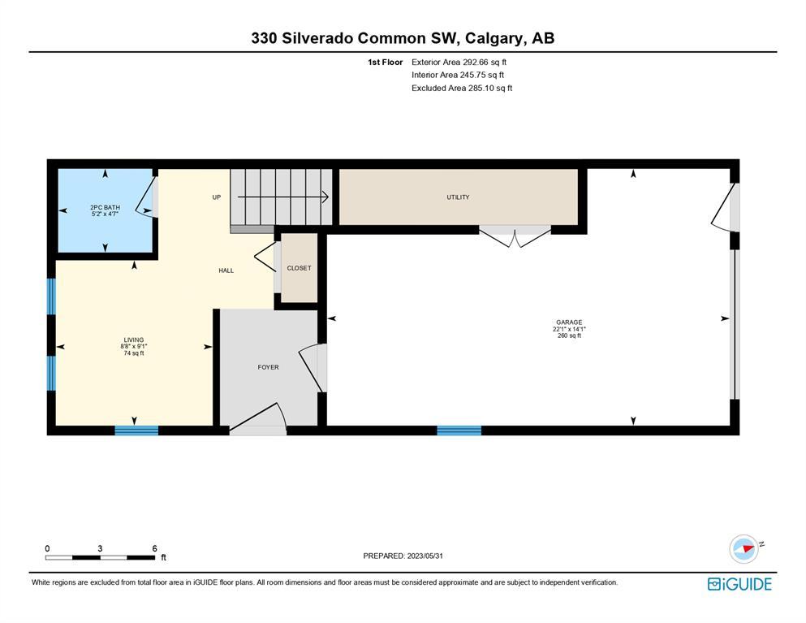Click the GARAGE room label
pyautogui.click(x=569, y=322)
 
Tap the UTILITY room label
pyautogui.click(x=458, y=197)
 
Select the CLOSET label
pyautogui.click(x=300, y=268)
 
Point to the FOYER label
pyautogui.click(x=269, y=367)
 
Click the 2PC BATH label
pyautogui.click(x=105, y=207)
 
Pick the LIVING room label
pyautogui.click(x=134, y=340)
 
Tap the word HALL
pyautogui.click(x=226, y=270)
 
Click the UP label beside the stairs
pyautogui.click(x=217, y=197)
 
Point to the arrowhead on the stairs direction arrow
pyautogui.click(x=326, y=197)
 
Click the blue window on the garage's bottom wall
pyautogui.click(x=459, y=430)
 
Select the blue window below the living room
pyautogui.click(x=136, y=430)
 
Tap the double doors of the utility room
pyautogui.click(x=515, y=236)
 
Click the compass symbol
pyautogui.click(x=744, y=549)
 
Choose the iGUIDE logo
pyautogui.click(x=739, y=584)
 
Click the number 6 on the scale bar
pyautogui.click(x=155, y=548)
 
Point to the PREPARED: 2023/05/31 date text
pyautogui.click(x=403, y=556)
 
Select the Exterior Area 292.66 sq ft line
pyautogui.click(x=459, y=62)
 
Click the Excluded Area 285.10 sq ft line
pyautogui.click(x=462, y=88)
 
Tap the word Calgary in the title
pyautogui.click(x=495, y=39)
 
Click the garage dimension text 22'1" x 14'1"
pyautogui.click(x=569, y=329)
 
